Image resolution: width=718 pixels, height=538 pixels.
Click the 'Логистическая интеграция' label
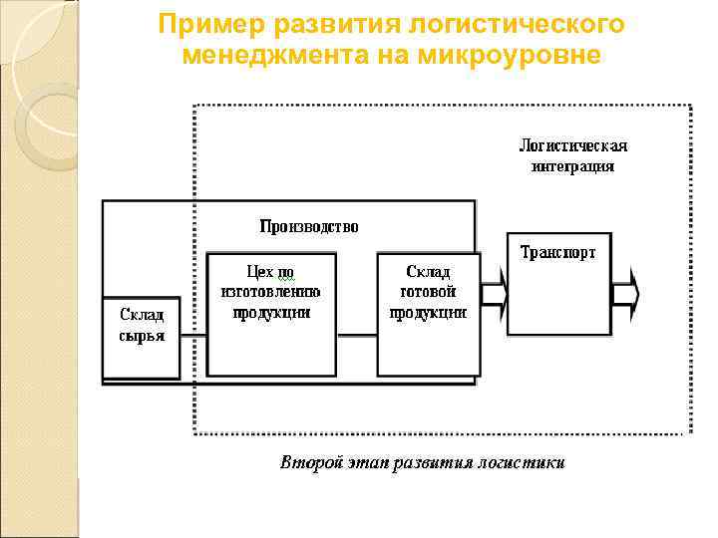coord(572,156)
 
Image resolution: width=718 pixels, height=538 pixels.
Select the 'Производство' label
coord(308,227)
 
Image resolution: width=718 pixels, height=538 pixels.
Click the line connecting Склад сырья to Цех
coord(193,337)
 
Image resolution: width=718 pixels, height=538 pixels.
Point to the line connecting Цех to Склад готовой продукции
coord(356,337)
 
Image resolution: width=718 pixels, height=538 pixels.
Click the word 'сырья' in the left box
coord(142,336)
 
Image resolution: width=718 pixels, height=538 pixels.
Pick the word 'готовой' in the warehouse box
coord(427,292)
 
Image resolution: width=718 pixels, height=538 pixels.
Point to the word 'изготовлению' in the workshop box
coord(270,292)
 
